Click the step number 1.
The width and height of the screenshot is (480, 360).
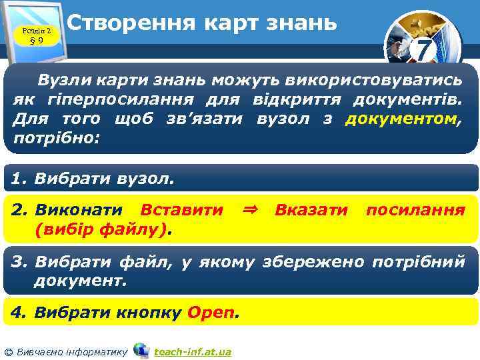(x=19, y=179)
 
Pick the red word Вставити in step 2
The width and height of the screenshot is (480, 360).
(x=181, y=210)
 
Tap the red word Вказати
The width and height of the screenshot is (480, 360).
(x=311, y=210)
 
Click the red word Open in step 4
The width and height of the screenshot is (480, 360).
(x=212, y=312)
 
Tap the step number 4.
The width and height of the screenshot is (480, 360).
(x=19, y=312)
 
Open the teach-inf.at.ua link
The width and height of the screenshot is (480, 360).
(x=193, y=351)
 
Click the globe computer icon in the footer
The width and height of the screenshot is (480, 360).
(x=141, y=350)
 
